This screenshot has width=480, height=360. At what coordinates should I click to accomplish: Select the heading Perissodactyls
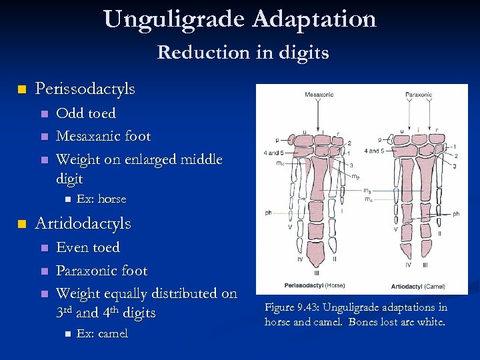coord(85,89)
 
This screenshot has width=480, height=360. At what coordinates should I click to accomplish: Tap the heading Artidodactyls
coord(83,223)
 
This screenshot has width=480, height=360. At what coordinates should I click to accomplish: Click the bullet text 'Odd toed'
coord(86,113)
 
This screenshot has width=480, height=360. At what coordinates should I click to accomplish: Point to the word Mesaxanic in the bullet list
coord(84,137)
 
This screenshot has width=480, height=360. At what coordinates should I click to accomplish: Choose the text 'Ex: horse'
coord(101,199)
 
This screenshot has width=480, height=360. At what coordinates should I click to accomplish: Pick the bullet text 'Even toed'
coord(88,247)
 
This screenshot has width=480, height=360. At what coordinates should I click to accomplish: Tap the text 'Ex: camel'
coord(102,333)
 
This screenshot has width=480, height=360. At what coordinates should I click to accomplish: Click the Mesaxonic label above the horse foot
coord(319,95)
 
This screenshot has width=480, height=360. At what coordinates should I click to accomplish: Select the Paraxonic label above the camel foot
coord(418,95)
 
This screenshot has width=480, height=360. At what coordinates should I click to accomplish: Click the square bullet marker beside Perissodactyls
coord(22,89)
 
